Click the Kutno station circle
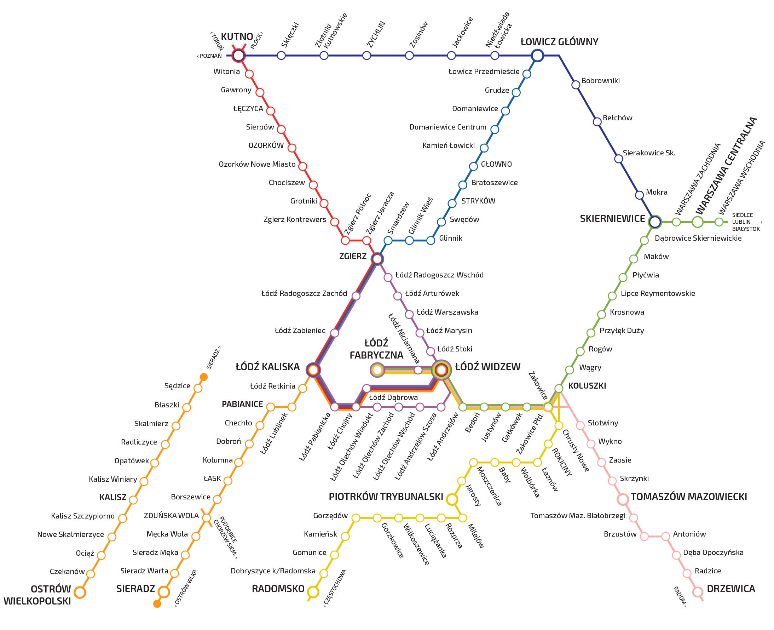coord(238,56)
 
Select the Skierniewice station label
coord(612,219)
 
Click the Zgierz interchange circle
coord(377,259)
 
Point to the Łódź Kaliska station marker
coord(313,370)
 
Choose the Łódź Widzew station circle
coord(441,370)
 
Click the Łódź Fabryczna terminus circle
coord(377,370)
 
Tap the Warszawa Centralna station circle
coord(698,222)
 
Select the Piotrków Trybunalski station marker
coord(452,499)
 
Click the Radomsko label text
coord(278,589)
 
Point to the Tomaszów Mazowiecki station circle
coord(623,499)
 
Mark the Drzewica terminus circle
coord(698,592)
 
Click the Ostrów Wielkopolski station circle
coord(80,592)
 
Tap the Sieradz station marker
coord(163,592)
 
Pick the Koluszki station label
coord(587,386)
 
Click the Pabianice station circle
coord(271,407)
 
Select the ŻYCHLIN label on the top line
coord(376,34)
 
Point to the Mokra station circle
coord(640,195)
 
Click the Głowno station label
coord(496,164)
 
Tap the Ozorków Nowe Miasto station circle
coord(302,166)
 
